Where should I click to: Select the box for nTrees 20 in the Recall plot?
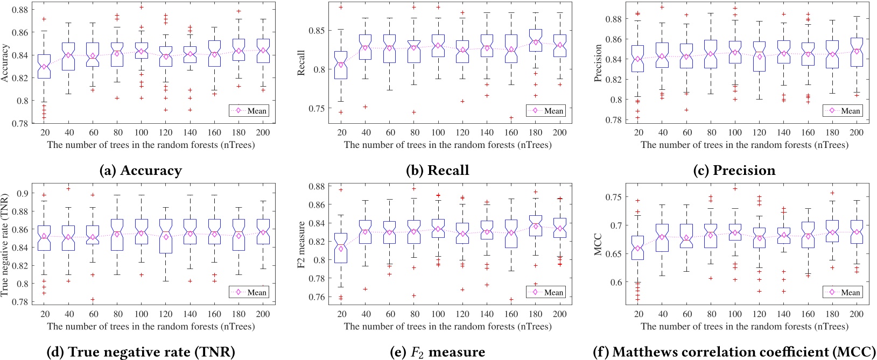pyautogui.click(x=340, y=65)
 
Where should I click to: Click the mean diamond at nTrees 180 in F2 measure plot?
pyautogui.click(x=536, y=226)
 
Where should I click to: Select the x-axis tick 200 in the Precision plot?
pyautogui.click(x=856, y=132)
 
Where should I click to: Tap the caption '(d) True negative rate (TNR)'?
pyautogui.click(x=141, y=352)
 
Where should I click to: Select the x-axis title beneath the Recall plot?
pyautogui.click(x=447, y=145)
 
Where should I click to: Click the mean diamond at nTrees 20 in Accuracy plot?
pyautogui.click(x=44, y=67)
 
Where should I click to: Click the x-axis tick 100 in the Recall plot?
pyautogui.click(x=438, y=132)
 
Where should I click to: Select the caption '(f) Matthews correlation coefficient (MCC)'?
pyautogui.click(x=734, y=352)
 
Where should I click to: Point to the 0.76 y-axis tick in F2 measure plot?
pyautogui.click(x=318, y=297)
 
